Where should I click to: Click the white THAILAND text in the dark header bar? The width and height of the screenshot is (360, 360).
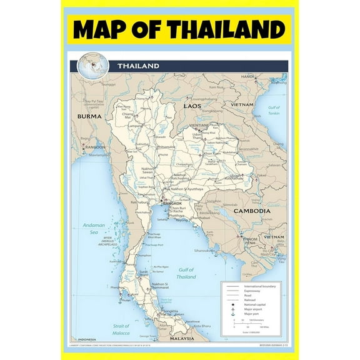[138, 66]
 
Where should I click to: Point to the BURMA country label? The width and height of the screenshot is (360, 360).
[89, 116]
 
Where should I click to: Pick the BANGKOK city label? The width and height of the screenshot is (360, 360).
[172, 204]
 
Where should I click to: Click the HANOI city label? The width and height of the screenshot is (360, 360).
[249, 76]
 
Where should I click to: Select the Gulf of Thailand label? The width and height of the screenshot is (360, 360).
[186, 273]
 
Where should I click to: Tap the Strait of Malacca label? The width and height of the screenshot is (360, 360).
[122, 329]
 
